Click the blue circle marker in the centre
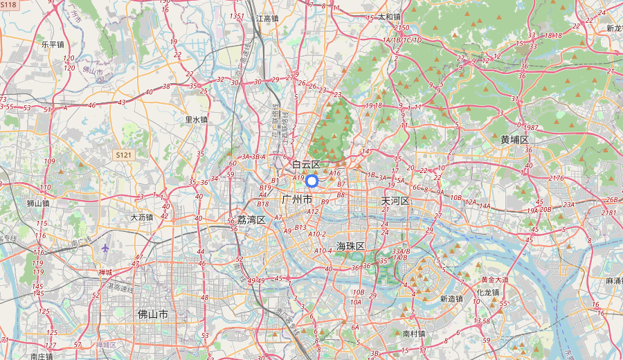(311, 181)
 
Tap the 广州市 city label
(298, 199)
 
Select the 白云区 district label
(306, 165)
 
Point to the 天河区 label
(396, 201)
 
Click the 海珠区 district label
(350, 246)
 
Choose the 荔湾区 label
(251, 219)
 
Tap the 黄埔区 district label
(514, 140)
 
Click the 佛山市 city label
(153, 314)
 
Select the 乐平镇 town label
(53, 44)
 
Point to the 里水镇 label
(196, 119)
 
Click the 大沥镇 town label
(142, 217)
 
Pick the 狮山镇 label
(38, 204)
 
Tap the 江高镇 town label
(267, 19)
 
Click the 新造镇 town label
(451, 299)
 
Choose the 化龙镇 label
(488, 292)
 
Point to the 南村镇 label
(414, 333)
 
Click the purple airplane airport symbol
(105, 248)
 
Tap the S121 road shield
(124, 155)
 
